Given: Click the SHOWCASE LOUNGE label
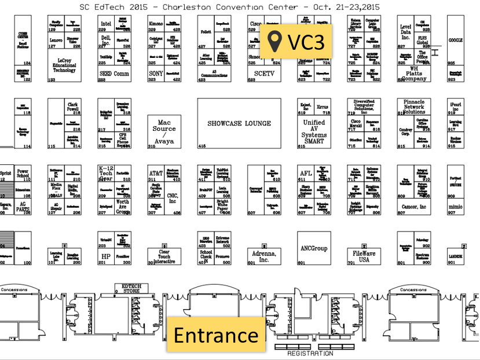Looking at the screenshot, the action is (x=239, y=123).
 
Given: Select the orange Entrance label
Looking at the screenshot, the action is (x=216, y=335).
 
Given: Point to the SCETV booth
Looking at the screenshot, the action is (x=264, y=74).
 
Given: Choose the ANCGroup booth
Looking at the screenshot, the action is (x=314, y=249).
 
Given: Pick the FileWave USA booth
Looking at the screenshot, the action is (x=365, y=255).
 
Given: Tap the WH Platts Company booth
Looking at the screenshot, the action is (x=414, y=74).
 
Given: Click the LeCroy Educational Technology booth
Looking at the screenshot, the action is (x=64, y=65).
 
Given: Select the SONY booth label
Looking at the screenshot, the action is (x=156, y=74).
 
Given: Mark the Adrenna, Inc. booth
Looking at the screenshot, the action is (x=264, y=256).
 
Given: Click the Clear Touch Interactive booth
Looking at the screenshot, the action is (x=164, y=256).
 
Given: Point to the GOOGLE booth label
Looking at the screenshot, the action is (x=455, y=40).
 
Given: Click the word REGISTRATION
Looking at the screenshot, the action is (x=310, y=353).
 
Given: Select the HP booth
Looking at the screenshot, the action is (x=106, y=256).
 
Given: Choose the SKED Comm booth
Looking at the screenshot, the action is (x=114, y=74).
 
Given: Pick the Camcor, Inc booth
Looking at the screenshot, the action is (x=414, y=207).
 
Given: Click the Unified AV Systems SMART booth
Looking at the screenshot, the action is (x=314, y=131).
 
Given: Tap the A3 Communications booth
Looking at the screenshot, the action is (x=214, y=74).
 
